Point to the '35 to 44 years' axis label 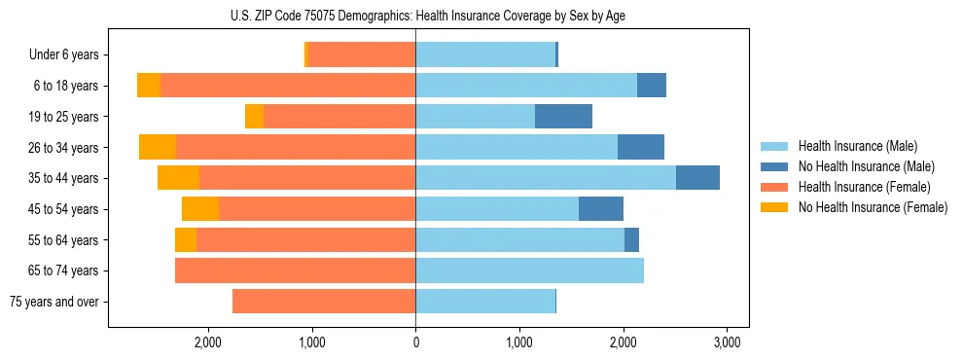tap(66, 178)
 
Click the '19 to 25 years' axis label tap(66, 117)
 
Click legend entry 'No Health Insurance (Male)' tap(866, 166)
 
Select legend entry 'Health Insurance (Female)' tap(864, 187)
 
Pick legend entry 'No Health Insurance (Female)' tap(873, 207)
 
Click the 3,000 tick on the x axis tap(728, 342)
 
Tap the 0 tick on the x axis tap(415, 342)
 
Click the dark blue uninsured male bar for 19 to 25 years tap(563, 117)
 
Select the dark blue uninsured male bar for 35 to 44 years tap(697, 178)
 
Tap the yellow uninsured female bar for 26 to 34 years tap(158, 147)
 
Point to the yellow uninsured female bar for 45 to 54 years tap(200, 209)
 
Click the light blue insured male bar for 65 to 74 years tap(529, 270)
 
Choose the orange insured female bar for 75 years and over tap(324, 302)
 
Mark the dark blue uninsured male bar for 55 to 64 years tap(631, 239)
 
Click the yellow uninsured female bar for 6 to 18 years tap(149, 86)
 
